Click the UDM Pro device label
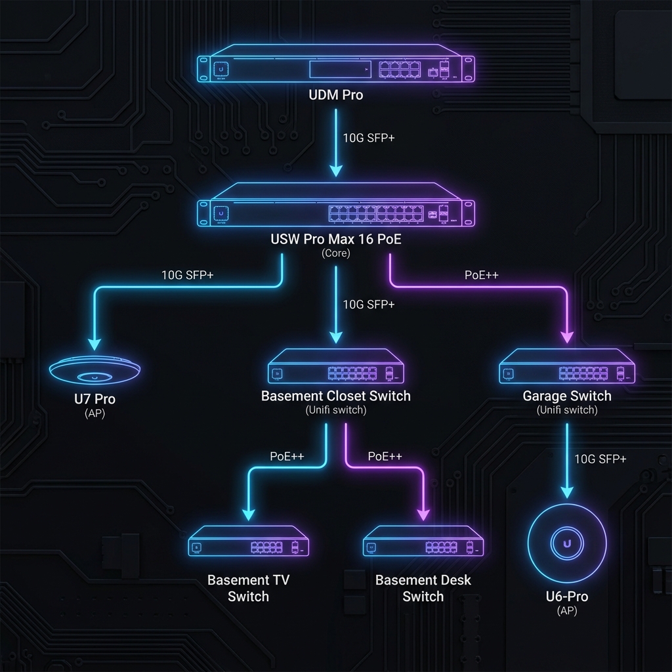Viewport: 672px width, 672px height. pos(335,95)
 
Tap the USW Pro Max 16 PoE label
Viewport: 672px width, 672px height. pos(335,240)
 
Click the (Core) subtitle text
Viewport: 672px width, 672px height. pos(335,253)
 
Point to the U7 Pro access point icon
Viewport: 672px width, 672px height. pos(96,372)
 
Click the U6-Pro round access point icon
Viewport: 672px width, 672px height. pos(567,543)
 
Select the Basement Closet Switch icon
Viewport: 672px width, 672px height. pos(335,368)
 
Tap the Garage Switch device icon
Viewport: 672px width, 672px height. pos(567,368)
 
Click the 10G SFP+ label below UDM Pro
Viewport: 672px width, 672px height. pos(369,138)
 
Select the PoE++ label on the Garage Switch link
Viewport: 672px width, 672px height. pos(482,275)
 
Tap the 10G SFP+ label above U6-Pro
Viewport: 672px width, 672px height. pos(600,459)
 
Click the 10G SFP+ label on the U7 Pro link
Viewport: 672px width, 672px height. pos(187,275)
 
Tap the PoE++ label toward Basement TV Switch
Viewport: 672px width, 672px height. pos(287,456)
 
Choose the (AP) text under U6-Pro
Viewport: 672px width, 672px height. pos(567,611)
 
